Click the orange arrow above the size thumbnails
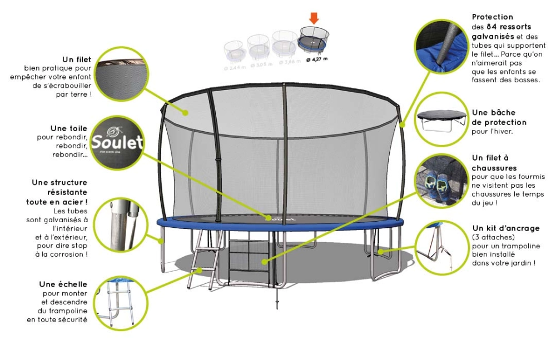[314, 19]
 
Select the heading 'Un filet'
[77, 59]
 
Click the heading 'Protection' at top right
[492, 17]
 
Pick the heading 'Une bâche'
[494, 113]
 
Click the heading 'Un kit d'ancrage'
[505, 228]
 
